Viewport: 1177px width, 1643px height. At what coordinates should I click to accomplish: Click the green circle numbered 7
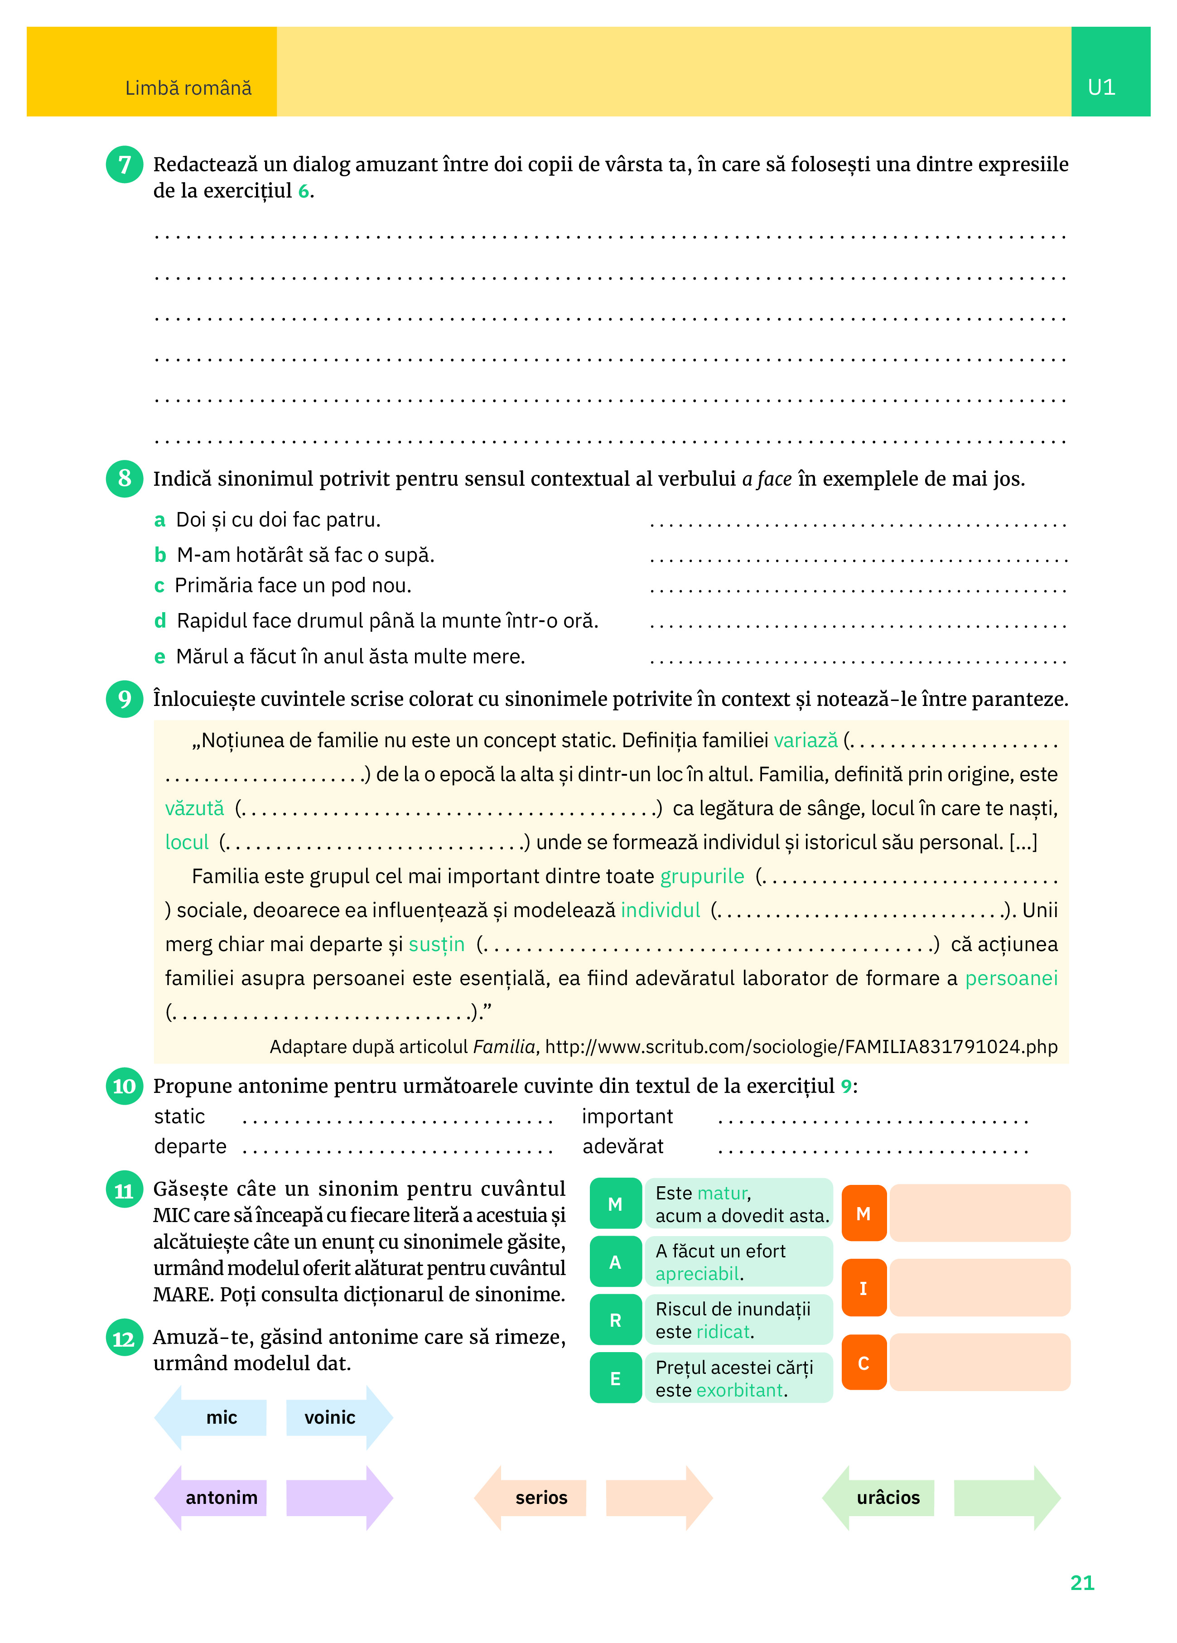125,164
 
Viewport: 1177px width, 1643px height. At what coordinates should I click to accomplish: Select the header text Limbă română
188,88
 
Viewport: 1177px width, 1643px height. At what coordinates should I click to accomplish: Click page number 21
1082,1583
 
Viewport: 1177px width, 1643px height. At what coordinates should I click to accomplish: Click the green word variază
806,740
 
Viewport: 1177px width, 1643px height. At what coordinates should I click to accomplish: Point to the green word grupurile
702,877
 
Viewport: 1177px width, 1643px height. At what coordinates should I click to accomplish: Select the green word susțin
437,945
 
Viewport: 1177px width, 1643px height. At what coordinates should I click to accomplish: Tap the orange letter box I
863,1288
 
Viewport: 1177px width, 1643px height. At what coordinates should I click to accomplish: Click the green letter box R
615,1321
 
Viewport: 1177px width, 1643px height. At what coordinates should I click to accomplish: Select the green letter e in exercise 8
159,657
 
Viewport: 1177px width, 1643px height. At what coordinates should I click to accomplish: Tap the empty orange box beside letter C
979,1363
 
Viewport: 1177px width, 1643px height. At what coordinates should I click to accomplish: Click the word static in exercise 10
179,1116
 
